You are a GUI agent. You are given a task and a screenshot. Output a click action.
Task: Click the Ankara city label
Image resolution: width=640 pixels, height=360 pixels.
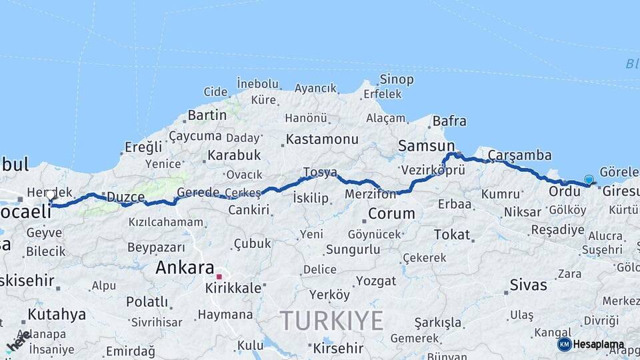click(x=185, y=267)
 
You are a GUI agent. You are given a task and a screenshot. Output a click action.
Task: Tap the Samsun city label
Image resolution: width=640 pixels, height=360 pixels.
click(x=425, y=145)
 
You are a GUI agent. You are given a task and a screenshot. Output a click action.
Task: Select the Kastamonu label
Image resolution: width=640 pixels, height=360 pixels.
click(x=322, y=140)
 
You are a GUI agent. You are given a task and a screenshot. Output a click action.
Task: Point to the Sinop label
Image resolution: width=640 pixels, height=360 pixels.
click(x=397, y=79)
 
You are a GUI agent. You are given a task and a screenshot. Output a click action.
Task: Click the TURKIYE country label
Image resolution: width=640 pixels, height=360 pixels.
click(x=331, y=321)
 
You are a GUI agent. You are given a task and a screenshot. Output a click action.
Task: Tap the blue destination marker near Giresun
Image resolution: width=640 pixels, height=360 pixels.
click(x=589, y=179)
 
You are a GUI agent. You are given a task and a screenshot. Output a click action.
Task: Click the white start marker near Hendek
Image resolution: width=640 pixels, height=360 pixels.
click(x=51, y=195)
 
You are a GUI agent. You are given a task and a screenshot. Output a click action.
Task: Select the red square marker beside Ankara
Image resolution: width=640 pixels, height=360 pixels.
click(x=219, y=276)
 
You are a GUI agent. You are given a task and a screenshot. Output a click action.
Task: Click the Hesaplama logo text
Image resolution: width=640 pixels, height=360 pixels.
click(x=599, y=345)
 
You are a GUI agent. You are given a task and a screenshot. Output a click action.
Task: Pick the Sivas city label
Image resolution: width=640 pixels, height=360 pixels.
click(x=528, y=285)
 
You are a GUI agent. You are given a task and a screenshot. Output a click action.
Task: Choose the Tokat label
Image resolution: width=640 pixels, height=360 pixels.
click(x=452, y=235)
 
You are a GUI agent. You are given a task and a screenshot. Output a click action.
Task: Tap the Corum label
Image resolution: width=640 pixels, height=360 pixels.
click(x=391, y=214)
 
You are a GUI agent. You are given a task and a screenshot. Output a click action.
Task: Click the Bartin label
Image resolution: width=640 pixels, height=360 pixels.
click(x=207, y=115)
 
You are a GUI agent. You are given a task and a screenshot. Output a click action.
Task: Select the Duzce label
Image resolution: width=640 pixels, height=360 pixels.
click(x=126, y=197)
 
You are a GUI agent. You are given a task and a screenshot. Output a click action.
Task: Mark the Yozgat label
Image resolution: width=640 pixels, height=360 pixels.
click(x=375, y=281)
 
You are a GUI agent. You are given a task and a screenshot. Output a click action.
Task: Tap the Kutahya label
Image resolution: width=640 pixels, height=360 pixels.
click(x=57, y=314)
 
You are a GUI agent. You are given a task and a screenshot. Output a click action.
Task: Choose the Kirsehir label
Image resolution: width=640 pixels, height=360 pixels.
click(x=338, y=348)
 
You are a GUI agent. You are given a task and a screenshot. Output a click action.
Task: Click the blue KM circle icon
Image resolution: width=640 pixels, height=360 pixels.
click(x=564, y=344)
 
